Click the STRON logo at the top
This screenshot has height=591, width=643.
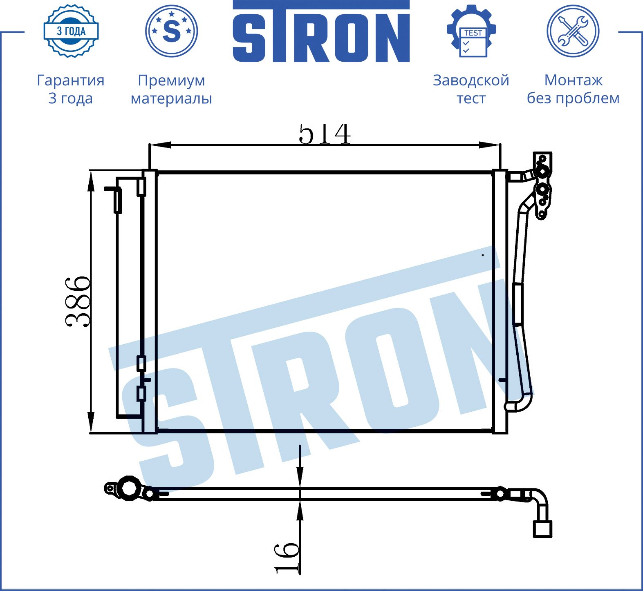point(321,31)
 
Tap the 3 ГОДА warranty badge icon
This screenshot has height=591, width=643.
point(71,31)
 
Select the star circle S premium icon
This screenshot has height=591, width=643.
point(172,31)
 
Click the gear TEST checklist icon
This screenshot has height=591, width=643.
point(471,31)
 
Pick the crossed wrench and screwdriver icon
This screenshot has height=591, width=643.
point(573,31)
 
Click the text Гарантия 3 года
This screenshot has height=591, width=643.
point(71,89)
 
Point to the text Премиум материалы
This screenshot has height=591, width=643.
point(171,89)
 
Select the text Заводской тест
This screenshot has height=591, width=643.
point(471,89)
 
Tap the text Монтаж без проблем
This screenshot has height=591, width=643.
point(573,89)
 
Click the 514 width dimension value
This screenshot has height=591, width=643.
point(325,134)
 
